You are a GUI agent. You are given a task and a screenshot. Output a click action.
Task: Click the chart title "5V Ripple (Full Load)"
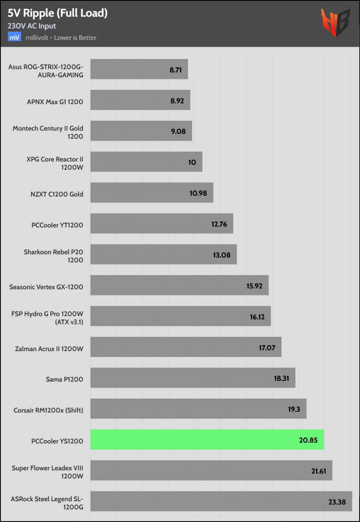pos(57,13)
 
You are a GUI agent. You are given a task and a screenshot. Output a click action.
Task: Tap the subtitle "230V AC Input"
pos(32,26)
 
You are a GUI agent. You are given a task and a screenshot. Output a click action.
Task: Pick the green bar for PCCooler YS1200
pos(207,440)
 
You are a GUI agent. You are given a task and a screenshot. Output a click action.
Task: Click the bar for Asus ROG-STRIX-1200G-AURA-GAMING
pos(139,70)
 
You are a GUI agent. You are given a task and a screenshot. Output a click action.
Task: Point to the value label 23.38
pos(337,502)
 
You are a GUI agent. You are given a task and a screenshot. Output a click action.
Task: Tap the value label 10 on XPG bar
pos(192,162)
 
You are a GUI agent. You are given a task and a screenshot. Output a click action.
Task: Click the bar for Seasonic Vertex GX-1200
pos(179,285)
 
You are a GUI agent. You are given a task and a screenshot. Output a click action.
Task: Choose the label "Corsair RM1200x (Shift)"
pos(48,410)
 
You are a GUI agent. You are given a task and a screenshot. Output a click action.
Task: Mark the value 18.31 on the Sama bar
pos(281,378)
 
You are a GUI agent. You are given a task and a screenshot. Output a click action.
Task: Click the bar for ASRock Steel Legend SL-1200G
pos(221,502)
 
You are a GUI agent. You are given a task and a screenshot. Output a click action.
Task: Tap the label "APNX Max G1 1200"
pos(55,102)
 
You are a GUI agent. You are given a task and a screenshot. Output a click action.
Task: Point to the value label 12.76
pos(219,224)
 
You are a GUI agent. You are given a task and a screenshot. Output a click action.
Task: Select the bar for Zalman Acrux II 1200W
pos(185,347)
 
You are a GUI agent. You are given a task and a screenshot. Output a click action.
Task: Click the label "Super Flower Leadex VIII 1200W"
pos(48,472)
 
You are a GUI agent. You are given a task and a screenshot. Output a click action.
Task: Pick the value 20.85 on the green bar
pos(310,440)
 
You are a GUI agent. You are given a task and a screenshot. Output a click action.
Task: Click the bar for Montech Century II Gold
pos(141,131)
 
